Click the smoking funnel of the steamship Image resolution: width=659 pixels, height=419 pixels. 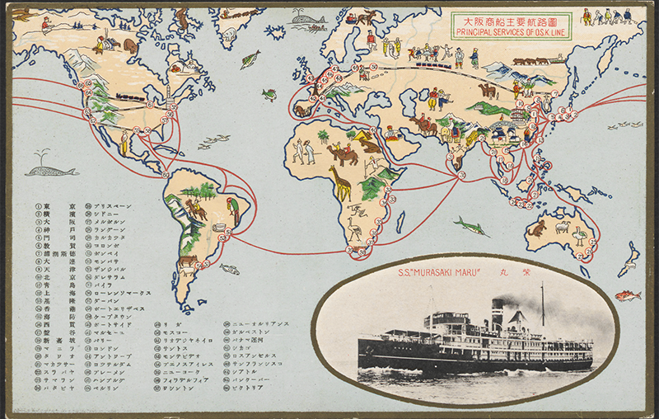(x=498, y=313)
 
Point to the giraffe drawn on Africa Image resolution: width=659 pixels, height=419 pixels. (x=339, y=183)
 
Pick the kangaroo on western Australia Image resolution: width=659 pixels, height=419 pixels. (x=538, y=227)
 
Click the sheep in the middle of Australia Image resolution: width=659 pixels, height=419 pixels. (x=563, y=226)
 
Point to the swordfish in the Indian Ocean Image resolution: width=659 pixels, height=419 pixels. (x=470, y=224)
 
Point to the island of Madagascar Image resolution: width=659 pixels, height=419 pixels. (x=400, y=222)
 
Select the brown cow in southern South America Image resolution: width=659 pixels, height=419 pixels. (x=188, y=263)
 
